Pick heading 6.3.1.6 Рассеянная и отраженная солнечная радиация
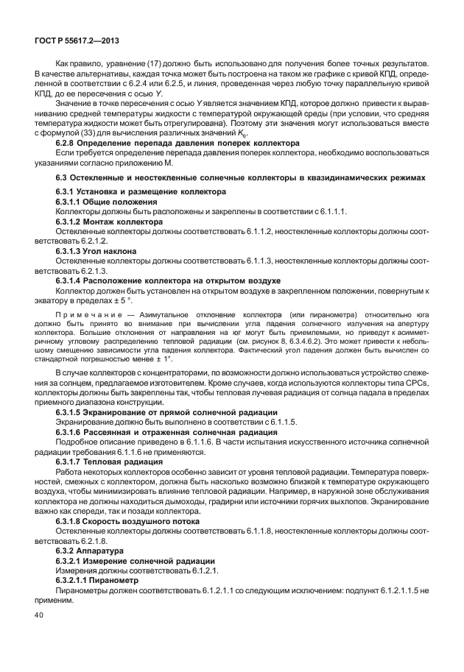[166, 433]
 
